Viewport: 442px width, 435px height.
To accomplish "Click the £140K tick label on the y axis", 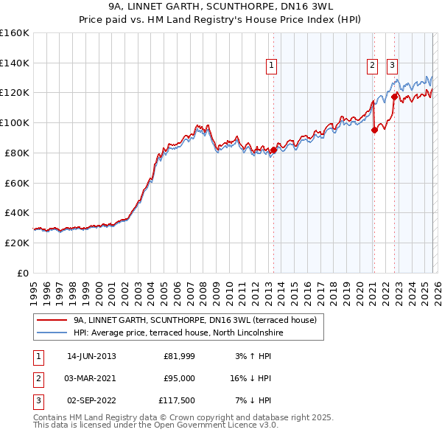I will (x=15, y=63).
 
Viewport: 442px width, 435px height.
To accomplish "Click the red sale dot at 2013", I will (x=273, y=150).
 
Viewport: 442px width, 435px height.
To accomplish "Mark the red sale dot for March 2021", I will (x=374, y=130).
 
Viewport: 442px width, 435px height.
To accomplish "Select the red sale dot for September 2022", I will (x=395, y=96).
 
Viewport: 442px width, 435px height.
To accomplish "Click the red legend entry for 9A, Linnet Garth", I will (x=194, y=320).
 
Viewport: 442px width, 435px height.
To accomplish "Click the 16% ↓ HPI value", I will (x=250, y=378).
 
